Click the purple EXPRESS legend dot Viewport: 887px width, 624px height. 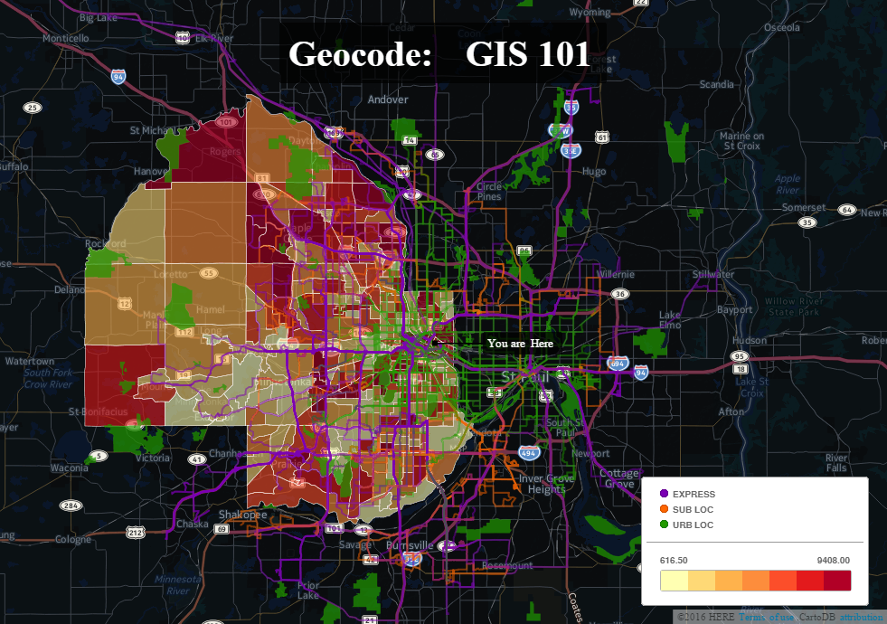[664, 494]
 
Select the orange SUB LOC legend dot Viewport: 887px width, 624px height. [664, 509]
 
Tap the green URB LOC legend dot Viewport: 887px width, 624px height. [664, 525]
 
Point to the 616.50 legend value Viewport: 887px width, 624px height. [674, 561]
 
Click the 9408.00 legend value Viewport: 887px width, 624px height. [833, 561]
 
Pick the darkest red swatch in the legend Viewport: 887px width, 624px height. [837, 581]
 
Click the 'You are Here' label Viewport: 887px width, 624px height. [520, 344]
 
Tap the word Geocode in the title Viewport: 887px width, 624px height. [359, 55]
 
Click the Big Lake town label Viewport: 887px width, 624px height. [99, 17]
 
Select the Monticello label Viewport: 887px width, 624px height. [65, 39]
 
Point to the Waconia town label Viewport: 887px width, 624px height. [70, 468]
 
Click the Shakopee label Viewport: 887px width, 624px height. [242, 515]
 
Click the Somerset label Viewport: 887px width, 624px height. [804, 207]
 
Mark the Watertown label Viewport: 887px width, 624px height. [30, 361]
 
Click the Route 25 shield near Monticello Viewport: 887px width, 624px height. [33, 108]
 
